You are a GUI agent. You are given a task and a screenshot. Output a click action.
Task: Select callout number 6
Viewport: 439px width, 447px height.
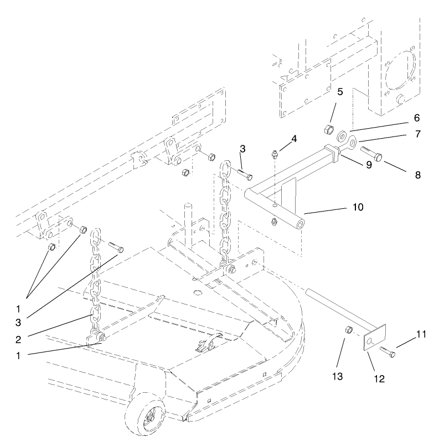pos(416,118)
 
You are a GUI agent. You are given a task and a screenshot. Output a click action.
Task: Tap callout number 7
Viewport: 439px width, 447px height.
pos(416,134)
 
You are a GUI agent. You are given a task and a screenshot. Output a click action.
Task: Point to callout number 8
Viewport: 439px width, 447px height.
pos(417,175)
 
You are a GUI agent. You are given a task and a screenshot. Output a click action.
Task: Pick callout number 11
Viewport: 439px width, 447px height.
pos(421,334)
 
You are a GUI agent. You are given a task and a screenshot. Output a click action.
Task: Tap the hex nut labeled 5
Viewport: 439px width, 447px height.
pos(327,130)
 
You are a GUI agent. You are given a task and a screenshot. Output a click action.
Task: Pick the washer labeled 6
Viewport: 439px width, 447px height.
pos(340,135)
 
